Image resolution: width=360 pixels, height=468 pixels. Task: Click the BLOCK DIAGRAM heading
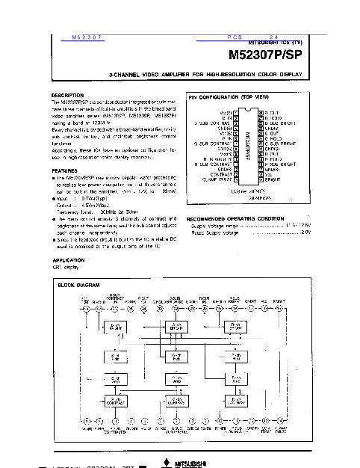79,285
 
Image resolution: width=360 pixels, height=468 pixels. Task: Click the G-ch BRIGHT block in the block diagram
176,327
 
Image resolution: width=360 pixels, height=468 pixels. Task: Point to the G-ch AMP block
176,379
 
